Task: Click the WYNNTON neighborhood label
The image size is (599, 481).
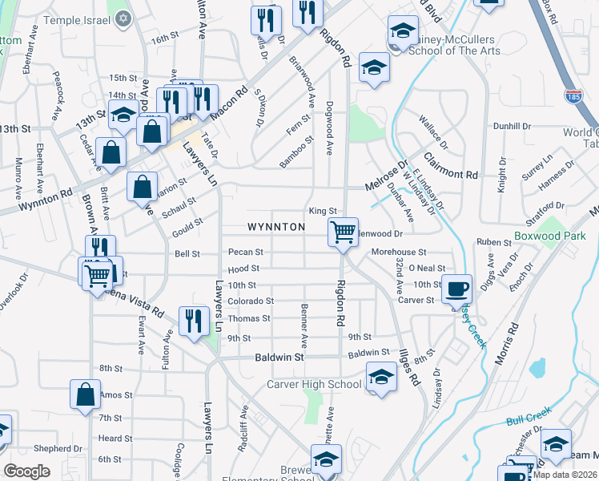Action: tap(276, 228)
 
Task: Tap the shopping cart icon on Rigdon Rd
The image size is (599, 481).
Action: tap(343, 232)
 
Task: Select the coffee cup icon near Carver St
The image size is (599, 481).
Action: tap(457, 289)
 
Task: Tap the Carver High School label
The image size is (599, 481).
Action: tap(315, 384)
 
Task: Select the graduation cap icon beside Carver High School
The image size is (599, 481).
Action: tap(381, 377)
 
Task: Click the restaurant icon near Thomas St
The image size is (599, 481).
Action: tap(194, 321)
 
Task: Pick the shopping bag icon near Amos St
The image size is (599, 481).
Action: tap(85, 395)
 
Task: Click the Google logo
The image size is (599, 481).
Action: tap(26, 471)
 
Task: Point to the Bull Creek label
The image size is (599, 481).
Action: tap(525, 418)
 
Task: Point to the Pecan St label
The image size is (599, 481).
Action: tap(240, 252)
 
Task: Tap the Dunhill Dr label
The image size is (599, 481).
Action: tap(512, 126)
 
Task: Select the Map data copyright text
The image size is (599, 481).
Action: tap(565, 475)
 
